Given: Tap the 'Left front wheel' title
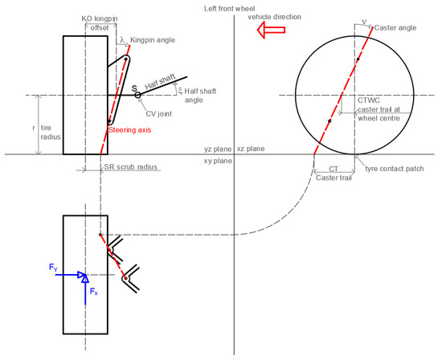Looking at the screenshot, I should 232,7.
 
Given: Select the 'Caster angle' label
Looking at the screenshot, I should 397,27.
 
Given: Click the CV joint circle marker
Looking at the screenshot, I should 137,95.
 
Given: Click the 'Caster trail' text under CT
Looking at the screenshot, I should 334,177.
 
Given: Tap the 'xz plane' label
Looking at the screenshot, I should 250,149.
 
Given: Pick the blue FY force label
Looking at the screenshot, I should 52,266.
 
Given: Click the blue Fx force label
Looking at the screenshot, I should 93,292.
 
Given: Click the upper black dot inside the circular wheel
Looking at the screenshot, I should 357,59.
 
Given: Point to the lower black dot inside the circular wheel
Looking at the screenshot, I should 329,121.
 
